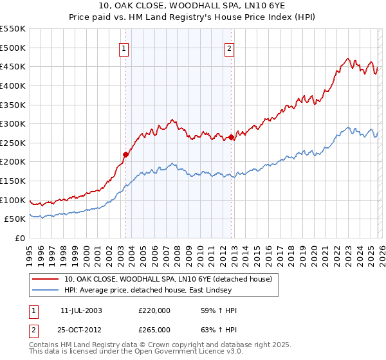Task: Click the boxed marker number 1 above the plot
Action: click(x=123, y=47)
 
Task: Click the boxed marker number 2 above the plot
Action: click(x=229, y=47)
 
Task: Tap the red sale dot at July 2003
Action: click(x=126, y=154)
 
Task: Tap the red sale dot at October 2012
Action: click(x=231, y=137)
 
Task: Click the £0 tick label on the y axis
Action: click(x=19, y=238)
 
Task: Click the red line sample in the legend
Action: click(x=45, y=279)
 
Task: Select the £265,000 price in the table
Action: click(x=154, y=329)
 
